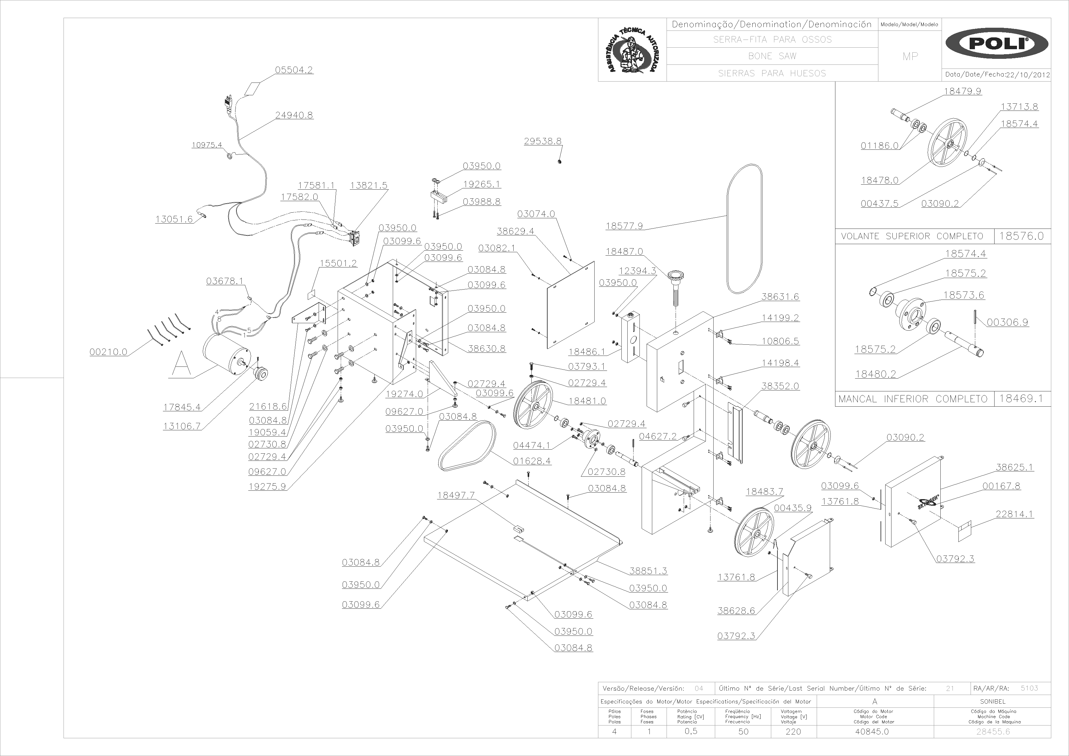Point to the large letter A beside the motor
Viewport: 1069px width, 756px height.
pyautogui.click(x=181, y=364)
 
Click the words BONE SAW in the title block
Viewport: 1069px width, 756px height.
pyautogui.click(x=772, y=56)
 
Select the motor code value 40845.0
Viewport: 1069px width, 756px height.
pyautogui.click(x=872, y=731)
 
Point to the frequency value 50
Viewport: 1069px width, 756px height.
pyautogui.click(x=744, y=731)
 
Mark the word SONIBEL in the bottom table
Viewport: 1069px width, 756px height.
pyautogui.click(x=993, y=701)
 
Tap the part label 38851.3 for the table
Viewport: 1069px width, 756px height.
pyautogui.click(x=648, y=571)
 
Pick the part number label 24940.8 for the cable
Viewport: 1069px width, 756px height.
pyautogui.click(x=294, y=115)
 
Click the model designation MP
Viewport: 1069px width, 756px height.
pyautogui.click(x=910, y=56)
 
